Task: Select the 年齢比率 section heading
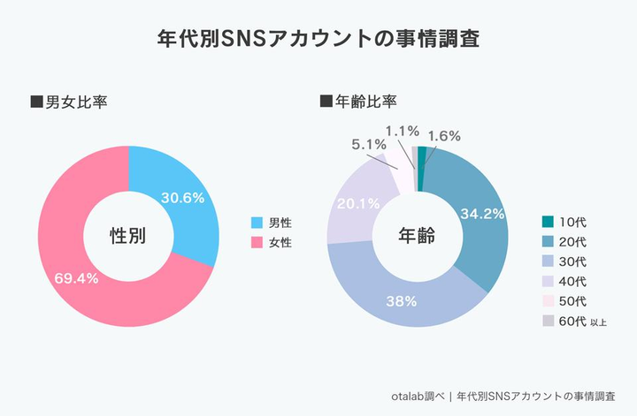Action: (364, 102)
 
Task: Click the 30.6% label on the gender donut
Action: (184, 199)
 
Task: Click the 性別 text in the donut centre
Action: (127, 236)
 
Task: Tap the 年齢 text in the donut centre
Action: (417, 236)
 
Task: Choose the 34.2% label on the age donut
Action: (482, 213)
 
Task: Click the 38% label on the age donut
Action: (402, 300)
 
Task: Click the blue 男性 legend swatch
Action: (258, 222)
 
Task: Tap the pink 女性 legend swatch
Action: (258, 241)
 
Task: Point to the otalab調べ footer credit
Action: (415, 396)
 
